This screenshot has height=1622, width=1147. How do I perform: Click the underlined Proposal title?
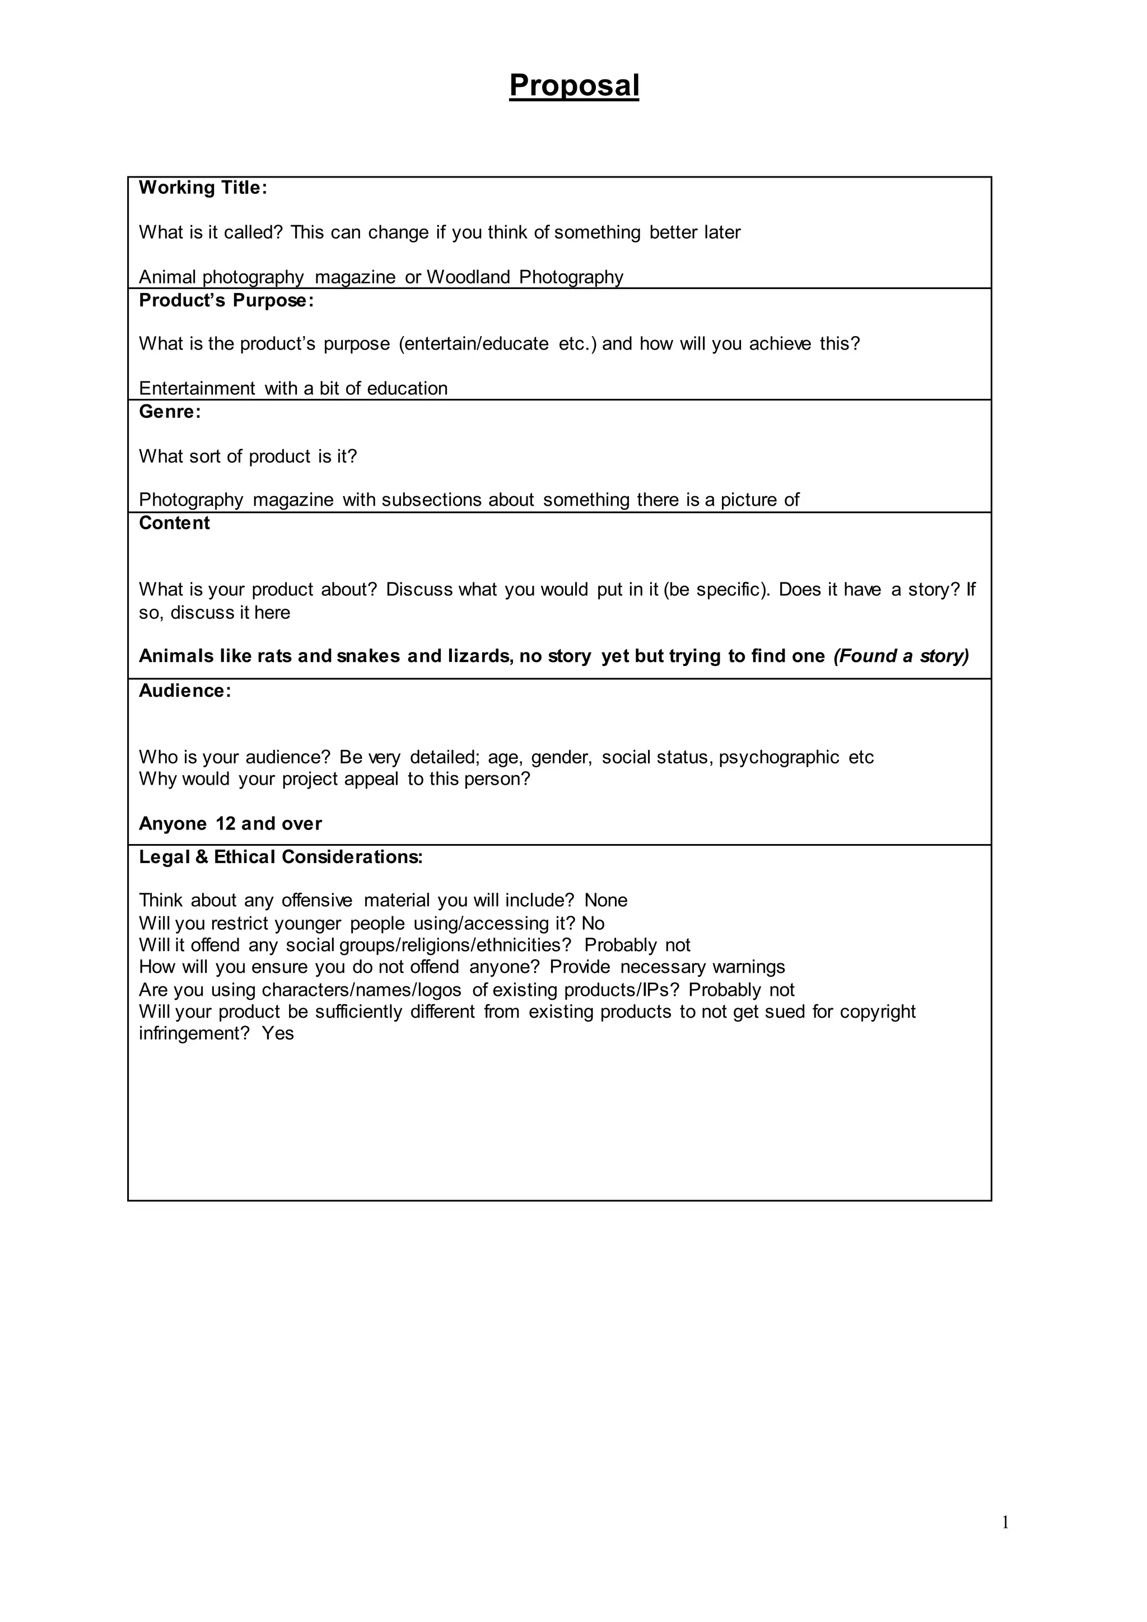click(573, 86)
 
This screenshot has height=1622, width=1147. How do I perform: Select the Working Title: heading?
click(203, 188)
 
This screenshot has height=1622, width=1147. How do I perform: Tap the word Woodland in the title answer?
click(468, 277)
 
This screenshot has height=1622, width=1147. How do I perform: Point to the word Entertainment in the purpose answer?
click(197, 389)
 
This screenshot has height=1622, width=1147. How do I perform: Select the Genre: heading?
click(170, 412)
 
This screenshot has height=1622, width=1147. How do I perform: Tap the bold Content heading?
click(174, 524)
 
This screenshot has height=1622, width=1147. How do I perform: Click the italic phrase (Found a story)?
click(901, 656)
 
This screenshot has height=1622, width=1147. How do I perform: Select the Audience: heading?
click(185, 691)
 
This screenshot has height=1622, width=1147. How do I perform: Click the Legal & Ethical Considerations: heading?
click(281, 857)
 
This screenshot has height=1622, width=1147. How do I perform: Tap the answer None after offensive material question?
click(605, 901)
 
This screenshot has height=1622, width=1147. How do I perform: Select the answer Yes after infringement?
click(278, 1033)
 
